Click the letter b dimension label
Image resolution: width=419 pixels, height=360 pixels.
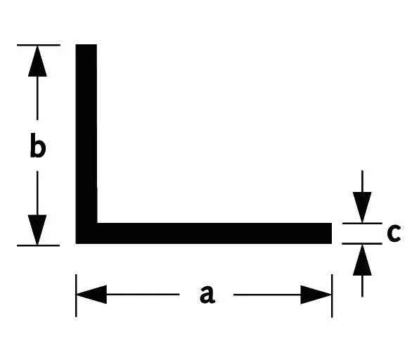(38, 145)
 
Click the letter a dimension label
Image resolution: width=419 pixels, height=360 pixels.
(207, 294)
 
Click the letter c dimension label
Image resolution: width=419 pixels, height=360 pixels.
(394, 233)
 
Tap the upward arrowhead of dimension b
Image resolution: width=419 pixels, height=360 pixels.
(37, 61)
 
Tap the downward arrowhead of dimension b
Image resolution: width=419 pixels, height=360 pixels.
(37, 230)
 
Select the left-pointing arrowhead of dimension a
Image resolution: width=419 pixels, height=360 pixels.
(91, 294)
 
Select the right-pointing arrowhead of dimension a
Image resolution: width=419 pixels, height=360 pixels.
(316, 295)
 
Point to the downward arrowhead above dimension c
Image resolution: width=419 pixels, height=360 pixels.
(362, 207)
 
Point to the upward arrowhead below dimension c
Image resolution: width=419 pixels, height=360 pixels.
(362, 259)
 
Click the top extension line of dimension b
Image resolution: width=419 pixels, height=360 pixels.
(39, 45)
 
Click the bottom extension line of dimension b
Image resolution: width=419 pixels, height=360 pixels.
(38, 245)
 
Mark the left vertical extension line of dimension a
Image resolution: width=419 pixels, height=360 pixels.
(76, 295)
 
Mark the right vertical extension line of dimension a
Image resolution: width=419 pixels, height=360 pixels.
(332, 296)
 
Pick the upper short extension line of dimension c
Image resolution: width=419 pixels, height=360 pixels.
(362, 223)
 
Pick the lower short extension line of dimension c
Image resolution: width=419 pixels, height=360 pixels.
(362, 243)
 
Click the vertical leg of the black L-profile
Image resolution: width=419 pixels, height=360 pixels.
(86, 134)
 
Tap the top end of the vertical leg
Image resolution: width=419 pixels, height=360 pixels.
(86, 45)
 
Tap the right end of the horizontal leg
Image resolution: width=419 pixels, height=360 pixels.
(331, 233)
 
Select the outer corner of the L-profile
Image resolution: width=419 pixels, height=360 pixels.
(76, 243)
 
